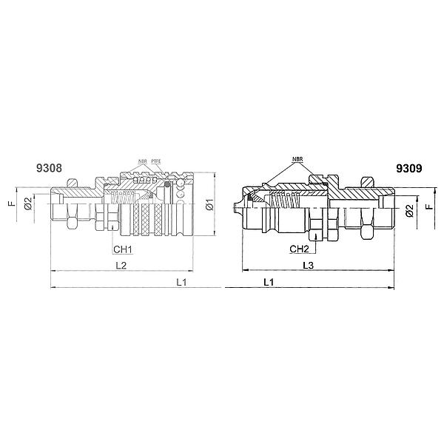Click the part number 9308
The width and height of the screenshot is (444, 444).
coord(49,168)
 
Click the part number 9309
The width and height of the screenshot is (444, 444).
coord(409,169)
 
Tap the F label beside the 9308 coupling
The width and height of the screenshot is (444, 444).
coord(12,203)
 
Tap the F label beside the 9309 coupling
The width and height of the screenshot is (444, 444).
coord(430,205)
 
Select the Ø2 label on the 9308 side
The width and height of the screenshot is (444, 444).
coord(28,203)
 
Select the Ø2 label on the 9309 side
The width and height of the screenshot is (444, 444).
coord(410,211)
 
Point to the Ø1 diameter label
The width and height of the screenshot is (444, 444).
coord(210,204)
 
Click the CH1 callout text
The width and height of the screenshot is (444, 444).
coord(123,249)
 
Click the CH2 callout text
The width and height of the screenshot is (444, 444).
coord(299,249)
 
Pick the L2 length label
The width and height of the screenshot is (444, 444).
coord(121,266)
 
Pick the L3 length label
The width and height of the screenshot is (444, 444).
coord(309,266)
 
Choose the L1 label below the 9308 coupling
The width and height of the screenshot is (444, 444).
coord(181,282)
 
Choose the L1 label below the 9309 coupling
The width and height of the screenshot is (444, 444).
coord(269,282)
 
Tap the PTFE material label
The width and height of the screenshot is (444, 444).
coord(156,161)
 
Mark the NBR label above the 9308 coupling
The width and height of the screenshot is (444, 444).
coord(143,161)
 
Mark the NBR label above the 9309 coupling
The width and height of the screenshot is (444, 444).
coord(297,159)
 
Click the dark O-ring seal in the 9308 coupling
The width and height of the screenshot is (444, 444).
coord(168,184)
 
